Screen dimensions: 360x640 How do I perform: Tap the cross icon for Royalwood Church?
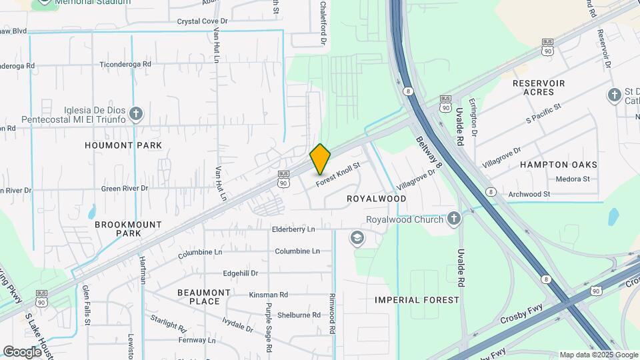[x=454, y=219]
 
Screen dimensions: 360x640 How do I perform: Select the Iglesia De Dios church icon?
[x=137, y=113]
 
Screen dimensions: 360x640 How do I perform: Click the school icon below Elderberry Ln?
[x=357, y=238]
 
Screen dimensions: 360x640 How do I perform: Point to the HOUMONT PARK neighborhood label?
[x=124, y=145]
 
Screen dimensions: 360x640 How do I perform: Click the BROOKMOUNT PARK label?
[x=118, y=229]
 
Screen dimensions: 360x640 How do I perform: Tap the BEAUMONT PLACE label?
[x=204, y=297]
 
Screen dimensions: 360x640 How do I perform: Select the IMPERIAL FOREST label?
[x=417, y=300]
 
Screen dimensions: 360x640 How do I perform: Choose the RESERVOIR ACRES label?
[x=539, y=87]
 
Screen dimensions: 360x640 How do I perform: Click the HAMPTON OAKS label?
[x=559, y=165]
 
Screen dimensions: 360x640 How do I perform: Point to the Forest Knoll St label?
[x=337, y=174]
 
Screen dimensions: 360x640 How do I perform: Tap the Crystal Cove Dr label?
[x=203, y=21]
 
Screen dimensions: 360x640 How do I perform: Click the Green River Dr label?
[x=125, y=189]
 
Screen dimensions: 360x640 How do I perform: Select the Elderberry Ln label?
[x=302, y=229]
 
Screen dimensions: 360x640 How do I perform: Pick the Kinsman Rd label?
[x=268, y=294]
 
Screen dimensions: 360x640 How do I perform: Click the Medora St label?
[x=573, y=179]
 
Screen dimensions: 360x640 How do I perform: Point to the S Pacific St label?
[x=544, y=113]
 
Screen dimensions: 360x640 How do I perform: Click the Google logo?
[x=22, y=351]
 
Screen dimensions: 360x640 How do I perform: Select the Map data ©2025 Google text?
[x=599, y=355]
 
